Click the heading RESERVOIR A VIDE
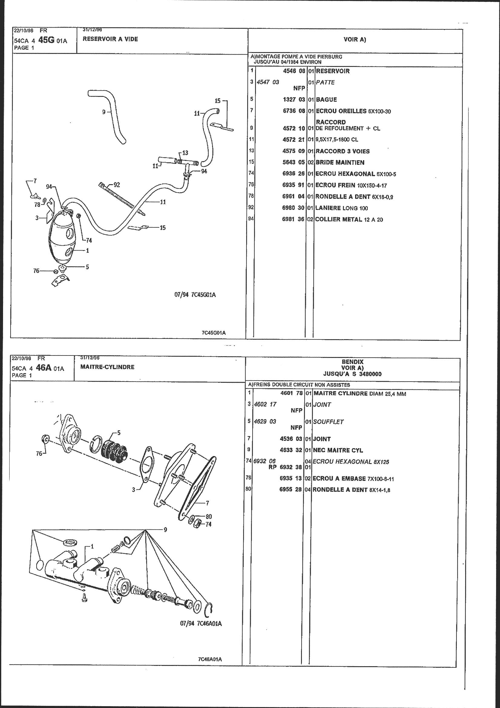tap(110, 39)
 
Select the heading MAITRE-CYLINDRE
tap(107, 367)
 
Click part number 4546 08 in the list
tap(294, 71)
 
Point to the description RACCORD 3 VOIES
tap(343, 151)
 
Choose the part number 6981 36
tap(293, 219)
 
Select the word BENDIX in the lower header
tap(352, 362)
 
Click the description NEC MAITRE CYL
tap(338, 450)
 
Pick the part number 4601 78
tap(291, 393)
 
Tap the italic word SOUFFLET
tap(328, 422)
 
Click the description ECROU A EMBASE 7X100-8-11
tap(353, 479)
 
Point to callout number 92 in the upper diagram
tap(116, 185)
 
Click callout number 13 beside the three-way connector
tap(185, 153)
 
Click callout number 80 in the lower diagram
tap(209, 517)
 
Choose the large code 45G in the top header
tap(45, 40)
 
